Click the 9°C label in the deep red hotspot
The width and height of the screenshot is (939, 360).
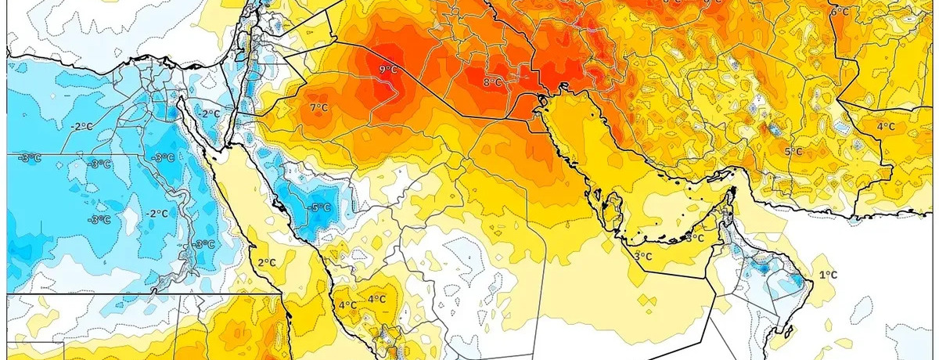pos(389,70)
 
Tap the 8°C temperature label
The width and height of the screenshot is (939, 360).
pos(492,82)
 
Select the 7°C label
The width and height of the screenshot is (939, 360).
pos(318,107)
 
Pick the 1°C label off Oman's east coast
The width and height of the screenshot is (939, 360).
pos(828,275)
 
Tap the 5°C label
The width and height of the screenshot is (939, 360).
pos(793,151)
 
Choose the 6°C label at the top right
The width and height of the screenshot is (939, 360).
pos(840,12)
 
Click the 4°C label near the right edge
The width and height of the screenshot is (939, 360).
pos(885,126)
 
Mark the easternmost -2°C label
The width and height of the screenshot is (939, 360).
pos(208,113)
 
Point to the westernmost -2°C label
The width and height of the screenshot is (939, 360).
pos(81,126)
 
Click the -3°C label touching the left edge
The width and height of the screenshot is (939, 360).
pos(30,158)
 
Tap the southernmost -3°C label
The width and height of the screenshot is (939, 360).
pos(204,244)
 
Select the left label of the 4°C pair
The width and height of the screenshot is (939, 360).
pos(347,304)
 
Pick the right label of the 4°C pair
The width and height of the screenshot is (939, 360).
pos(376,299)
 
